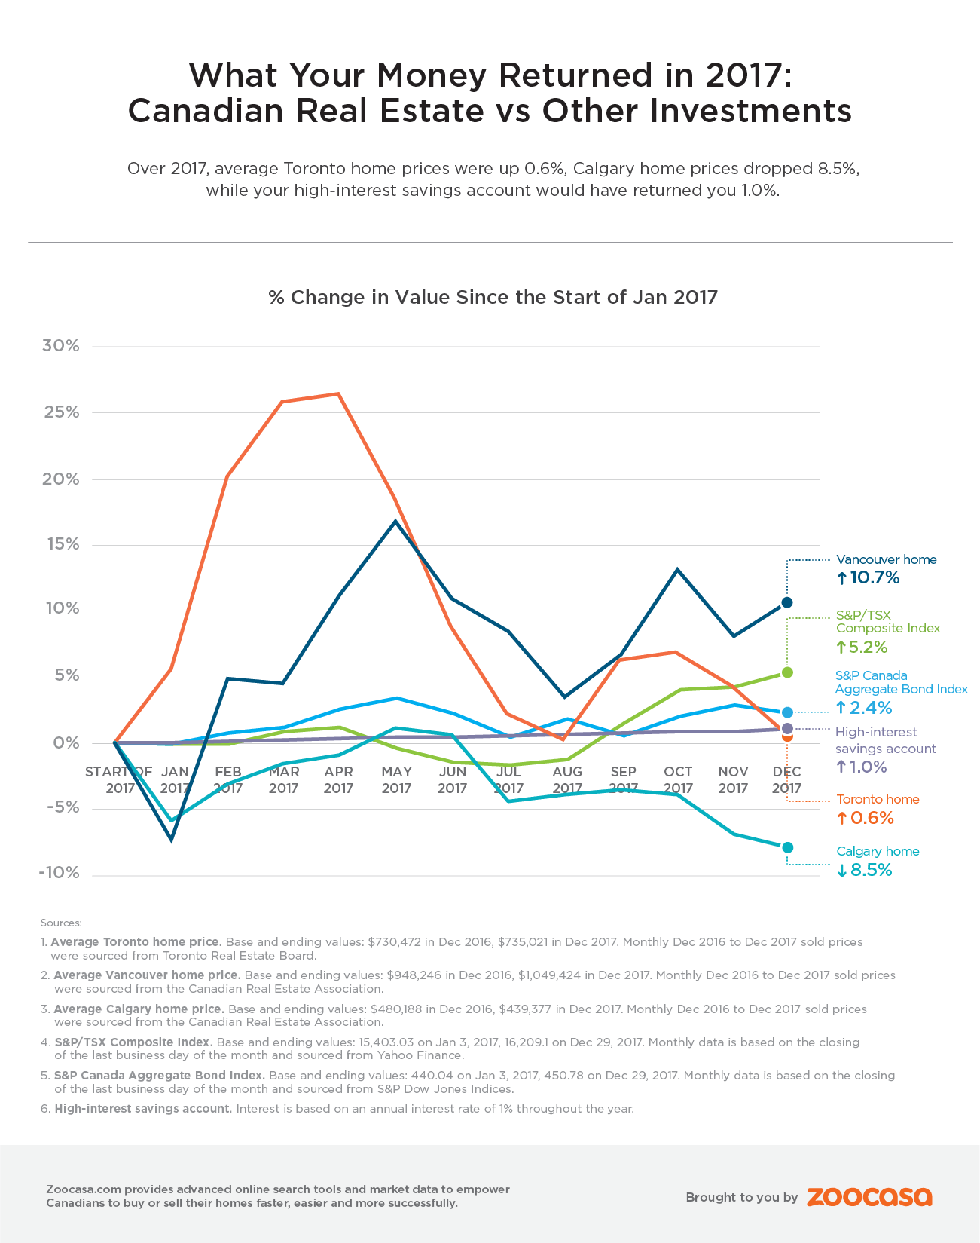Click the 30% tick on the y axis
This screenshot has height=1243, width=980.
[x=61, y=346]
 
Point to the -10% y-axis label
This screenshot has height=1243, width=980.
[x=60, y=873]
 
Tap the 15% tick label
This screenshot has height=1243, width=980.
[x=61, y=544]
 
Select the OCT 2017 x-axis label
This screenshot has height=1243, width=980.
[x=678, y=779]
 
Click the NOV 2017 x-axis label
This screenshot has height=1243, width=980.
[x=733, y=779]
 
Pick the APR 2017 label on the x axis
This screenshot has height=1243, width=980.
[x=338, y=779]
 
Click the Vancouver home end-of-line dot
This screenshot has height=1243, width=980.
[x=787, y=602]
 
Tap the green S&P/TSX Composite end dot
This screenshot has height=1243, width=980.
[x=787, y=672]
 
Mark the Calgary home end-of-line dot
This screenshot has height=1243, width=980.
[x=787, y=847]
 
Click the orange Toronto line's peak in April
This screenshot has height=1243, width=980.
[x=338, y=393]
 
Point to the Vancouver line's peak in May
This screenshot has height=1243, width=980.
[x=395, y=521]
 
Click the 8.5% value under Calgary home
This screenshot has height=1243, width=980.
[x=871, y=871]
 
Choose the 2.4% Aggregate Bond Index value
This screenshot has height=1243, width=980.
[x=871, y=708]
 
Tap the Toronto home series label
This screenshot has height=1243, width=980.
[x=878, y=799]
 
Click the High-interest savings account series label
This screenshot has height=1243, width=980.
[x=885, y=740]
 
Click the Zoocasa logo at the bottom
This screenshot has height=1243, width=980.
[x=869, y=1197]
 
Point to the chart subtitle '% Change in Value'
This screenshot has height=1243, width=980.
[x=493, y=297]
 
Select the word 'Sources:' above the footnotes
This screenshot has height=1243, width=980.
[x=61, y=923]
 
